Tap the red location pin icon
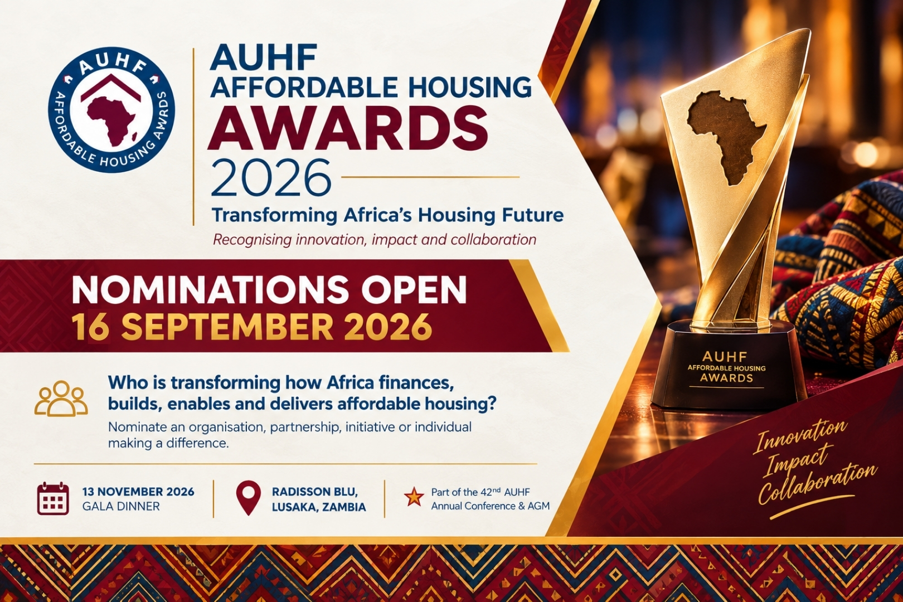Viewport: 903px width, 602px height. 249,498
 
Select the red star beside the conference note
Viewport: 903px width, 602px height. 414,497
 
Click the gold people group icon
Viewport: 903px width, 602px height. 61,399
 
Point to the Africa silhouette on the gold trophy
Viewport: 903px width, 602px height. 726,137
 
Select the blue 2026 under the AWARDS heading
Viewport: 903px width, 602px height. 270,177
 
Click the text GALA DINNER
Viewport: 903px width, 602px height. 121,507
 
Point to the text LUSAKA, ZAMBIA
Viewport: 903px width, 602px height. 319,507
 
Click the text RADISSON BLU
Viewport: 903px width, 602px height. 315,492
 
